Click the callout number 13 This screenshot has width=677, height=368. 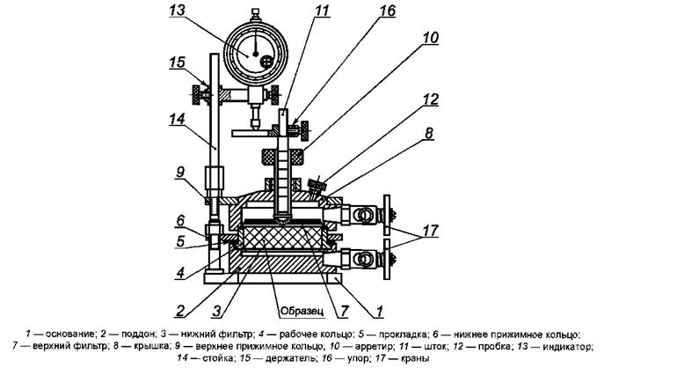point(177,10)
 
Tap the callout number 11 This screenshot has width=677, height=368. point(322,10)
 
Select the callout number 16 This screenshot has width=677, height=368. point(387,10)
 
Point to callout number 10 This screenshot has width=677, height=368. point(430,37)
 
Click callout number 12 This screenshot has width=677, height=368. point(430,99)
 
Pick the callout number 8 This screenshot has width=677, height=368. point(429,133)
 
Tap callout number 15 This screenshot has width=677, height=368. point(177,63)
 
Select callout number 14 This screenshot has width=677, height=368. point(177,119)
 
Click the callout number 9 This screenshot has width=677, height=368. point(180,172)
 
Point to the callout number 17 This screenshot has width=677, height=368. point(430,231)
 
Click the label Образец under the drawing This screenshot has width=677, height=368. point(302,311)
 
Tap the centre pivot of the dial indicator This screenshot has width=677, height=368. point(256,54)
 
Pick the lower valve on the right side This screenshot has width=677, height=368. point(362,259)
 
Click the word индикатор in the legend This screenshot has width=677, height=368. point(567,347)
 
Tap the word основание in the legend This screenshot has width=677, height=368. point(70,335)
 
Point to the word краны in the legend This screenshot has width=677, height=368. point(415,358)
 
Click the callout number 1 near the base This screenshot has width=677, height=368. point(379,311)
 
